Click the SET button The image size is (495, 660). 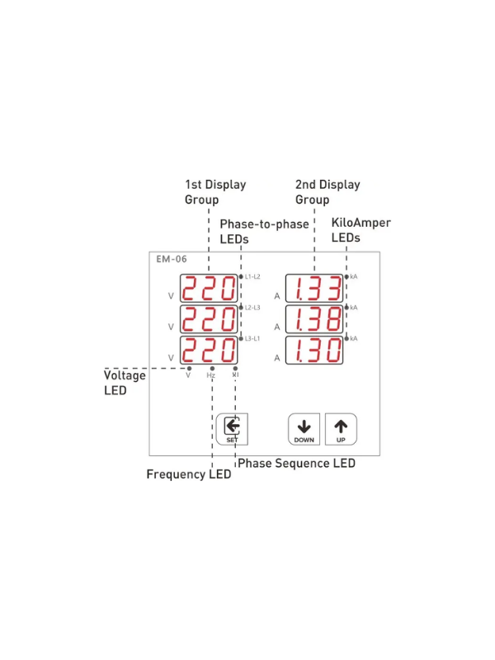(x=232, y=429)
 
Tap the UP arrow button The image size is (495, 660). (x=341, y=429)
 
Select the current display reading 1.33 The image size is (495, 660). (x=314, y=288)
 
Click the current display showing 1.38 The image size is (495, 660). (x=314, y=319)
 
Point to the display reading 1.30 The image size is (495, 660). (x=314, y=350)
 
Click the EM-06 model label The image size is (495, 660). (x=172, y=259)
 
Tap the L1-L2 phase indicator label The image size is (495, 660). (x=252, y=276)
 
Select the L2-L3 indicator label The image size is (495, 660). (x=252, y=308)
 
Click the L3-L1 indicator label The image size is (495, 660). (x=252, y=338)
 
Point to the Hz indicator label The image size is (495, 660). (x=211, y=375)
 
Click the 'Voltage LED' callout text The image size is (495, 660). (x=125, y=383)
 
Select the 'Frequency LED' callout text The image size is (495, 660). (x=189, y=474)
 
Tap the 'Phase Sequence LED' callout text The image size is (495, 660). (x=297, y=464)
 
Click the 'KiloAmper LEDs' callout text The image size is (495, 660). (x=361, y=230)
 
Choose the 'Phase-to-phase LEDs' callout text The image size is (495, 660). (x=264, y=232)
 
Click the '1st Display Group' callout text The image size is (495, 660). (x=215, y=192)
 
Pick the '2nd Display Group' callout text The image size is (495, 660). (x=328, y=192)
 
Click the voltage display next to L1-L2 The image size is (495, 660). (x=209, y=288)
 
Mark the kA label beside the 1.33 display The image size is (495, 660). (x=354, y=276)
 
